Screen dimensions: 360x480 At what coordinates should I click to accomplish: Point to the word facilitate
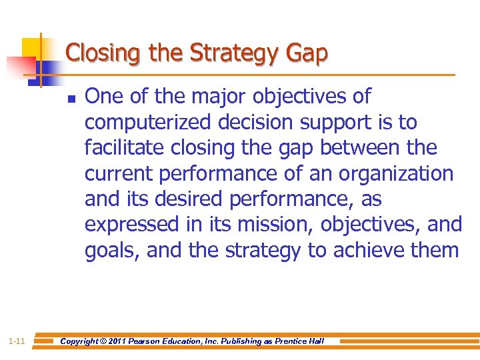(x=121, y=148)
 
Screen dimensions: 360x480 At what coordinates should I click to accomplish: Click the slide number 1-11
(x=17, y=341)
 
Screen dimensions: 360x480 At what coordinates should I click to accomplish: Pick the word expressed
(x=131, y=225)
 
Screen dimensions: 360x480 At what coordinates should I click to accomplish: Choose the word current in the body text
(x=119, y=173)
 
